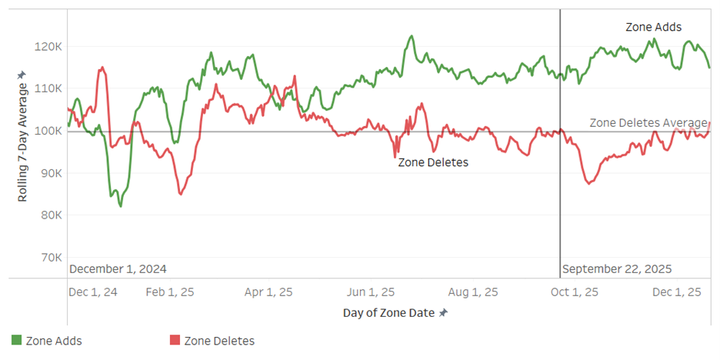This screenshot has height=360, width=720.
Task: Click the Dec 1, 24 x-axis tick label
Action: coord(93,292)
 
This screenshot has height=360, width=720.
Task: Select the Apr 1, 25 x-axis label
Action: coord(268,292)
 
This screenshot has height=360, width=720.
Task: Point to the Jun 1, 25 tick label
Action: coord(372,292)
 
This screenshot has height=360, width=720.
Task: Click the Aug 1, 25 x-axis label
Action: coord(473,292)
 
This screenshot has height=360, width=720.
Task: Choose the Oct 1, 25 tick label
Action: coord(575,292)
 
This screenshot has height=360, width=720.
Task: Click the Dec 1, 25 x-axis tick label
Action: coord(676,292)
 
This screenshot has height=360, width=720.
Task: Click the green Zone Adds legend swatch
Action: coord(16,340)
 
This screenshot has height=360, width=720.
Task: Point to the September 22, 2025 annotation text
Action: coord(617,269)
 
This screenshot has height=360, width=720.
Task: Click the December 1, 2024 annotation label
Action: coord(118,269)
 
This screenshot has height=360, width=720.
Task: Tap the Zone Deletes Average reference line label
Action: coord(648,123)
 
